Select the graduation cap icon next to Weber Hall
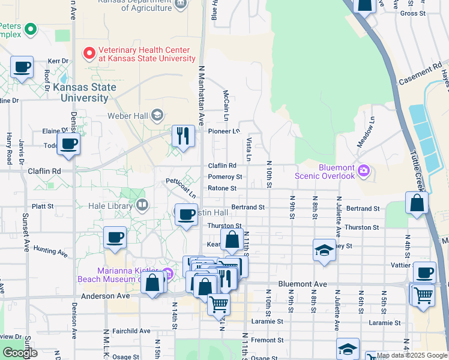157,115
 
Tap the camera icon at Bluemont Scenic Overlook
364,172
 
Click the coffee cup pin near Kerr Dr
22,67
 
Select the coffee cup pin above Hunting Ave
115,237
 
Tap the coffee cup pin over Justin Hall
187,214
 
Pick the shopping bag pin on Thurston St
232,240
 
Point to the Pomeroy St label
225,177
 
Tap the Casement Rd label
419,75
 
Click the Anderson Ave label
106,296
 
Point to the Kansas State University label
85,92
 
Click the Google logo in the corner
20,353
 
